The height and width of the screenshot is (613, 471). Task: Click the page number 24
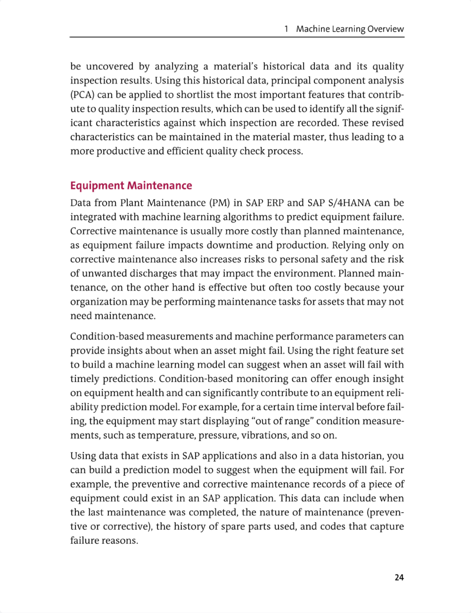(399, 577)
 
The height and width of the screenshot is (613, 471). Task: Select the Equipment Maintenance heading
(131, 186)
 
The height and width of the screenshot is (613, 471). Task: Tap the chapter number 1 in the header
(286, 29)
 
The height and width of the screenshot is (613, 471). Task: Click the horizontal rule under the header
(237, 37)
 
